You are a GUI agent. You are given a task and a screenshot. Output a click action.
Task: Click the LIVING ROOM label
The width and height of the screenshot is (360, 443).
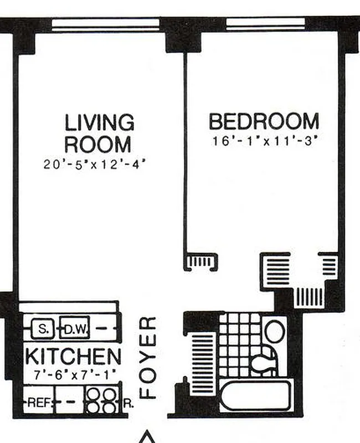click(x=99, y=133)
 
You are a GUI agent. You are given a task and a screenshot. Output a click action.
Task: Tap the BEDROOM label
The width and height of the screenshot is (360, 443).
click(x=264, y=121)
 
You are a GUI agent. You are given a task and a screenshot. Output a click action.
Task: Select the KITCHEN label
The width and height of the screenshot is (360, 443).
click(x=73, y=356)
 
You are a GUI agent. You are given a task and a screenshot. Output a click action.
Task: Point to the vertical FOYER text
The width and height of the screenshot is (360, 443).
click(x=148, y=358)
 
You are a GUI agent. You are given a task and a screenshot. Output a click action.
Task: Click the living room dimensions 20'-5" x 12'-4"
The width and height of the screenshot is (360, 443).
click(x=97, y=164)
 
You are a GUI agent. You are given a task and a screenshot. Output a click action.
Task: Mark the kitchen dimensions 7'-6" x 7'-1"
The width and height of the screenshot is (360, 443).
click(x=73, y=374)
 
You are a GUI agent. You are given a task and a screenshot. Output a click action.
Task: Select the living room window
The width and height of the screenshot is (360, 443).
click(x=106, y=24)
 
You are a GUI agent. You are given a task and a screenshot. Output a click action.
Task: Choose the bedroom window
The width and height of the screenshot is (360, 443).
click(x=266, y=24)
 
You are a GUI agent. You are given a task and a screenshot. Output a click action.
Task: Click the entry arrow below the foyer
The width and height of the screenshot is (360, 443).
click(x=147, y=437)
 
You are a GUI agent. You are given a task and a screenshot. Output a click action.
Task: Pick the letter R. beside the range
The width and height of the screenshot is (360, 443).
click(x=127, y=404)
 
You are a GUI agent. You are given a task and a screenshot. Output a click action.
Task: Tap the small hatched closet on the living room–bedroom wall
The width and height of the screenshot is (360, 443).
click(x=201, y=261)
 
